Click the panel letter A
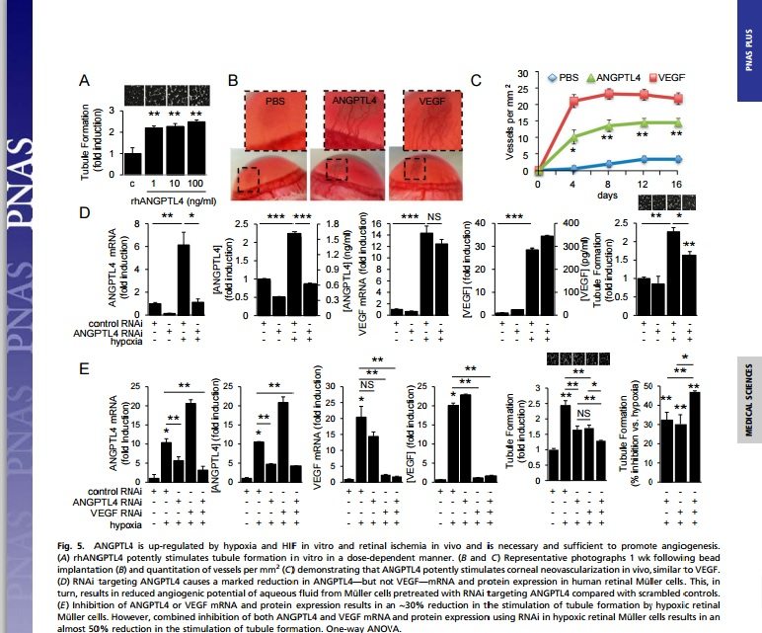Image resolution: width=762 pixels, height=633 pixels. tap(87, 83)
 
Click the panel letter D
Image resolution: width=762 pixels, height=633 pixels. tap(87, 212)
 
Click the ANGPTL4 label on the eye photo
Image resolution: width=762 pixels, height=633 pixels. tap(360, 101)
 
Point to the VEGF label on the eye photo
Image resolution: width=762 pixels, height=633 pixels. tap(431, 101)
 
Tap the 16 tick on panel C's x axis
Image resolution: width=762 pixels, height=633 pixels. tap(677, 183)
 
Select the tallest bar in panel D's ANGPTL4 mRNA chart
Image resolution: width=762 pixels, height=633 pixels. tap(183, 278)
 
